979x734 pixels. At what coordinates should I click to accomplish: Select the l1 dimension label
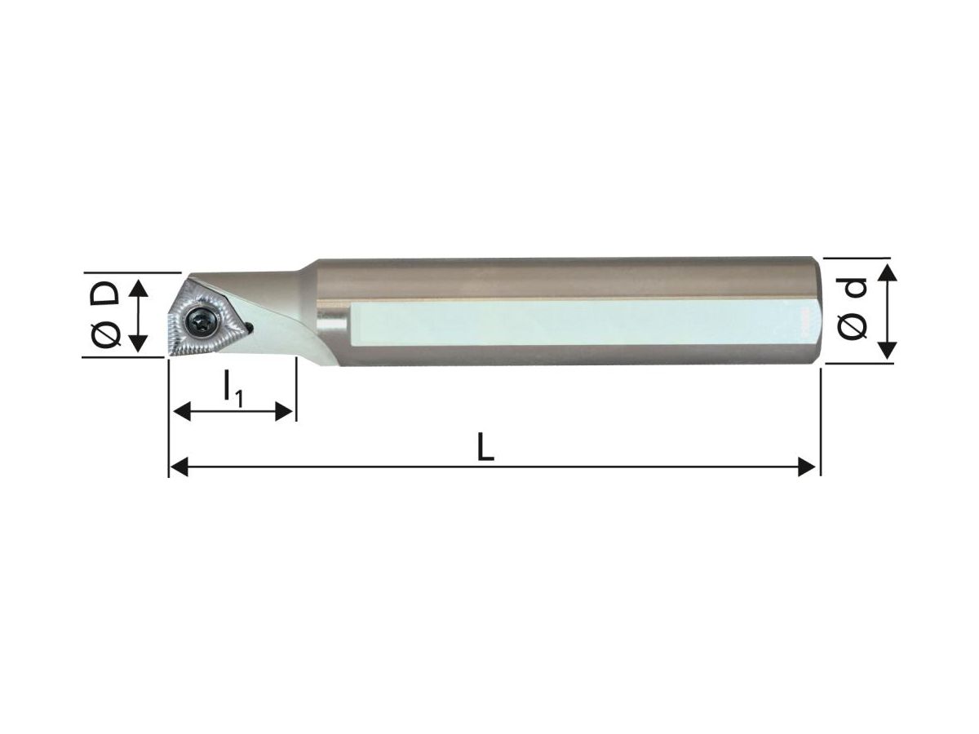[x=233, y=390]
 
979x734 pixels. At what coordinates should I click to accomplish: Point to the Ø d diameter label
[x=853, y=308]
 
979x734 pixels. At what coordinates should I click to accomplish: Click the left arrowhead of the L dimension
[x=179, y=467]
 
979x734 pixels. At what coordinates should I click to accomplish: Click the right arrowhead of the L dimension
[x=807, y=467]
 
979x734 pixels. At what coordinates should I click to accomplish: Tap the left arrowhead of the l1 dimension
[x=182, y=411]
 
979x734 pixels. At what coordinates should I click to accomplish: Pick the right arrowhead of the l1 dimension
[x=284, y=411]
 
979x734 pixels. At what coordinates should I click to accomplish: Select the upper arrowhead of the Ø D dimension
[x=139, y=289]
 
